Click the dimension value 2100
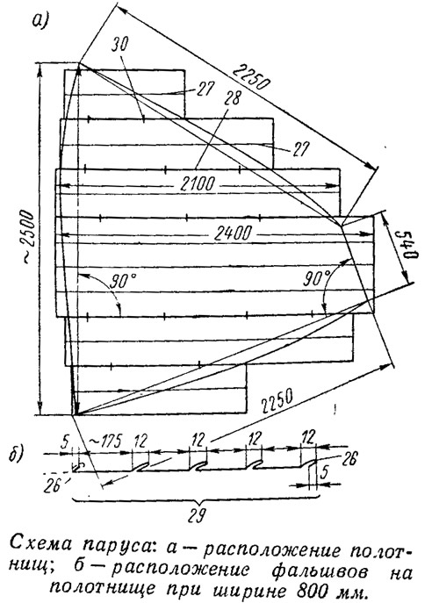[x=198, y=184]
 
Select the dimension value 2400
[x=234, y=233]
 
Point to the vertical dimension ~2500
[x=29, y=236]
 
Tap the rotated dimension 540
[x=411, y=247]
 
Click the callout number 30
[x=121, y=45]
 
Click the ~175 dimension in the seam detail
[x=104, y=441]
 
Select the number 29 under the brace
[x=196, y=515]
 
